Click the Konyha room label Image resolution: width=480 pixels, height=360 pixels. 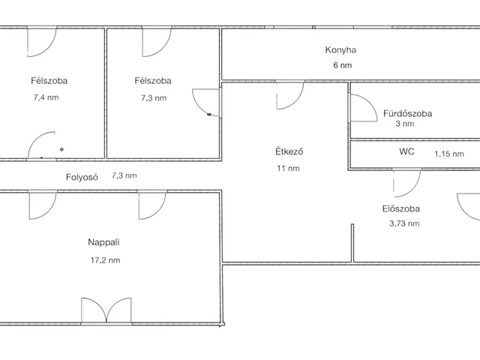click(x=340, y=50)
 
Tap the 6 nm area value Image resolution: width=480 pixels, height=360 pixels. click(x=343, y=65)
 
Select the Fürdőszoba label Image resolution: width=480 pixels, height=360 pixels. click(x=407, y=113)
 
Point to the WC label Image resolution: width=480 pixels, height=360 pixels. click(x=406, y=151)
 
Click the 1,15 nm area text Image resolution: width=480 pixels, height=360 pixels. click(x=449, y=154)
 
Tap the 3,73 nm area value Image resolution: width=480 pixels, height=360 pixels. click(x=404, y=223)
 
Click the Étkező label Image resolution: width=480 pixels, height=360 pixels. click(x=289, y=151)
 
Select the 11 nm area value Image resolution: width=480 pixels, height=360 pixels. click(x=288, y=168)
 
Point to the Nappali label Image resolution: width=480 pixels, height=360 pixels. click(x=103, y=242)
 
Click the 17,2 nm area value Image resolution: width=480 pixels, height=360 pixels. click(x=105, y=260)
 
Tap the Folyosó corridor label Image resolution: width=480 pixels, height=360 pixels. click(x=82, y=177)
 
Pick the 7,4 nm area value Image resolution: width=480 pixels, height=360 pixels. click(x=46, y=97)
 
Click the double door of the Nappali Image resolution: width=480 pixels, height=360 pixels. click(x=106, y=310)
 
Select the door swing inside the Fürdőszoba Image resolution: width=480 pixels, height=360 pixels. click(x=363, y=108)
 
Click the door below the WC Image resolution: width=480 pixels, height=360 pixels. click(x=406, y=183)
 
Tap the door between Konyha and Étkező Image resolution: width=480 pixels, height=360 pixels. click(x=290, y=95)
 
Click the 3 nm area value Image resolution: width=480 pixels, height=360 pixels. click(x=405, y=124)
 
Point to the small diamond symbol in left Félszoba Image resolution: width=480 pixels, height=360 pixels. click(x=61, y=149)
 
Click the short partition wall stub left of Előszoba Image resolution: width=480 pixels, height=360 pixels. click(x=352, y=243)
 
